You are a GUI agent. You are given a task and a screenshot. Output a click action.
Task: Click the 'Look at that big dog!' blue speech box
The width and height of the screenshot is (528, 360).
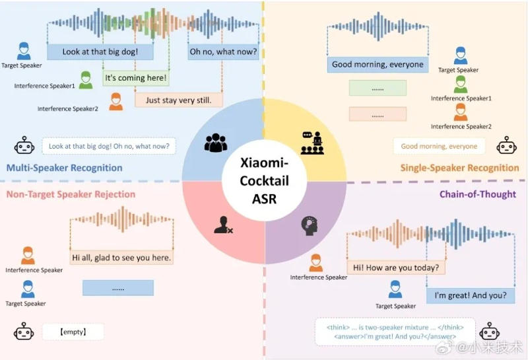(x=100, y=52)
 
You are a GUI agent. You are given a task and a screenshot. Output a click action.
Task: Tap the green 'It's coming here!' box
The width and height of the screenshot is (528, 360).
(x=136, y=78)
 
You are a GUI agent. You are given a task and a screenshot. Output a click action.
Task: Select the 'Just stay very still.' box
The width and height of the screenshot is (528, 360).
(x=178, y=100)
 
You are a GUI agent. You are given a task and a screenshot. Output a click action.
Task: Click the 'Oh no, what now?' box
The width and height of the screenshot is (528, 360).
(x=223, y=52)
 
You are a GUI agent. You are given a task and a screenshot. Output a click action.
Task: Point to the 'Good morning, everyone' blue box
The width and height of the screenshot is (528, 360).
(x=378, y=64)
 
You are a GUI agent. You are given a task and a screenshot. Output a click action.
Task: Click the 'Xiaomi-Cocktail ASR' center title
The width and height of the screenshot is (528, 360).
(x=265, y=181)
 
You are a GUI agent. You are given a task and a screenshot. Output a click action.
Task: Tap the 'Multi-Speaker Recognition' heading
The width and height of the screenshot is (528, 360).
(x=64, y=168)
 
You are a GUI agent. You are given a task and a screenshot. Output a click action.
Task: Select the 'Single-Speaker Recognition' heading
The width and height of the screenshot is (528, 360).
(x=459, y=168)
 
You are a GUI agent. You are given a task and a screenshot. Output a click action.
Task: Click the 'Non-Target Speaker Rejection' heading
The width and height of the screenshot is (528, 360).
(x=71, y=194)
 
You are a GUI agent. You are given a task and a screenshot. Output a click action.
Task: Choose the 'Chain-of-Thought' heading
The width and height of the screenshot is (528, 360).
(x=477, y=194)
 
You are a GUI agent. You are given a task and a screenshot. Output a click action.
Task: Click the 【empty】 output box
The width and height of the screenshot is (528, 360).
(x=73, y=332)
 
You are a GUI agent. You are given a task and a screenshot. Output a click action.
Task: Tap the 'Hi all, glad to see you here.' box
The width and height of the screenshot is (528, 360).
(x=121, y=258)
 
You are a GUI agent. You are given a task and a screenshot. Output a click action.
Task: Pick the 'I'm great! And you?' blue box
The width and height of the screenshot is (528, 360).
(x=471, y=296)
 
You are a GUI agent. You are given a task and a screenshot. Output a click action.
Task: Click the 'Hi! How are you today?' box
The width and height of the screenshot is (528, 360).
(x=396, y=268)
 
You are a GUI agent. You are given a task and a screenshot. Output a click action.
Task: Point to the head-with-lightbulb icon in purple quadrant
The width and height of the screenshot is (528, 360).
(x=310, y=226)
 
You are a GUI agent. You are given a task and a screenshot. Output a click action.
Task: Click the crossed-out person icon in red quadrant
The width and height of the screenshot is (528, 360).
(x=223, y=225)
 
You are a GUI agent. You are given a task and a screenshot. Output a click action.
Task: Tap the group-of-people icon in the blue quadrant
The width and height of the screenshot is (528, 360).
(x=216, y=143)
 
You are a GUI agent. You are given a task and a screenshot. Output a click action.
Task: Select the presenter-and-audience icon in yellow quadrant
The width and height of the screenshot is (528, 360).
(x=312, y=143)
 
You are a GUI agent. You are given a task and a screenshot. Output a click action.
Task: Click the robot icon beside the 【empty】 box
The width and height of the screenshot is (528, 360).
(x=24, y=331)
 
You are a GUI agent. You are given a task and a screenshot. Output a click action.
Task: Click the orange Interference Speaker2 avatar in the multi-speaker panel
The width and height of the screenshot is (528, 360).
(x=116, y=102)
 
